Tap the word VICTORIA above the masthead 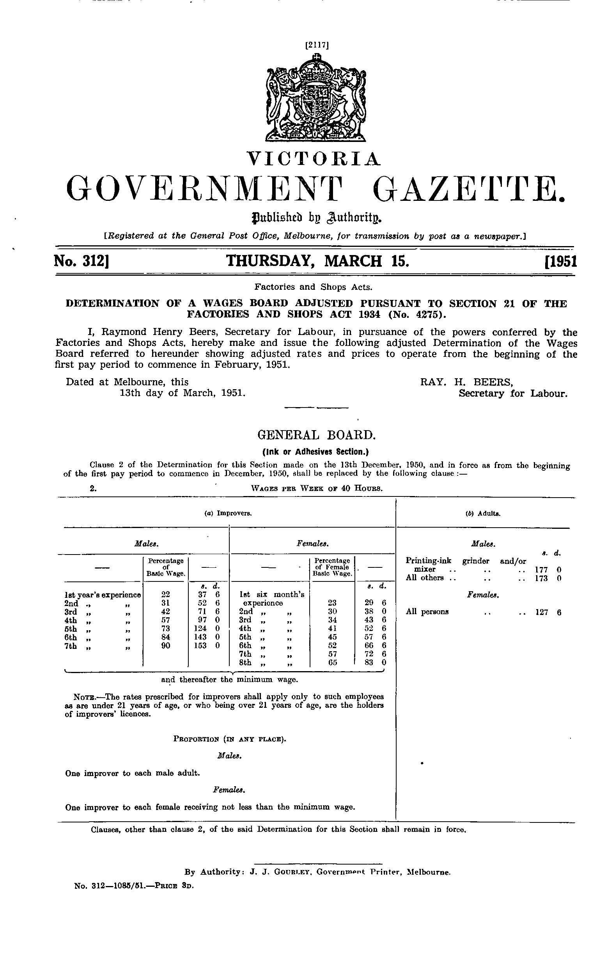314,158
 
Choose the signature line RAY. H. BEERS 467,382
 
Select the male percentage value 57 166,619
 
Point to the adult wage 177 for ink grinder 541,569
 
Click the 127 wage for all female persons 541,612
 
